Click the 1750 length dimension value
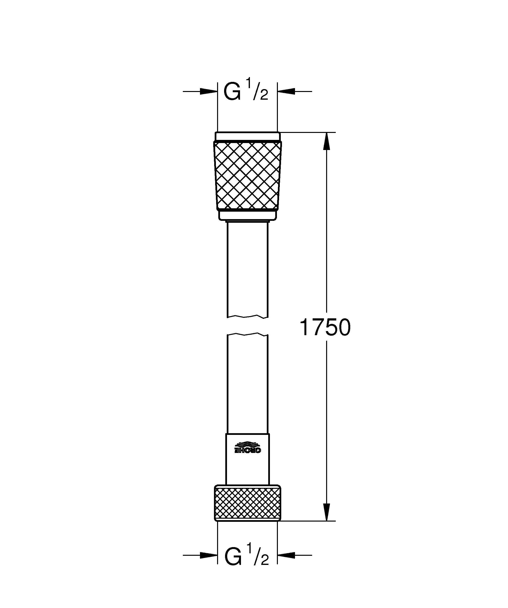coord(325,327)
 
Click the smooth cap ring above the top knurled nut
coord(247,136)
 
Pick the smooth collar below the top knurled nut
coord(247,215)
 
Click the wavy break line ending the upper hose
coord(247,316)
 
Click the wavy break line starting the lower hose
coord(247,334)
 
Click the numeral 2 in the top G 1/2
coord(264,95)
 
